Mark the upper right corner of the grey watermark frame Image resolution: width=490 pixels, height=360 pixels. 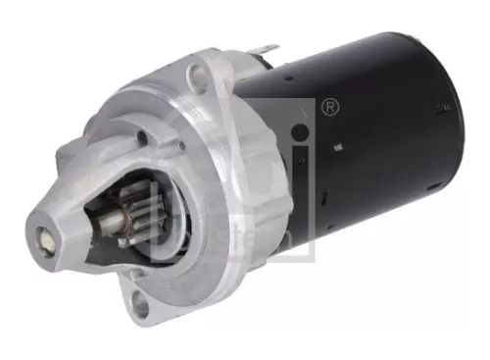tap(316, 100)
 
